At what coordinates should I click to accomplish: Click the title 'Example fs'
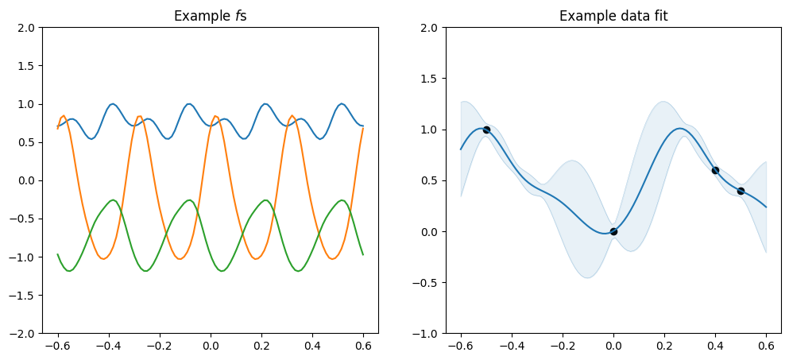210,16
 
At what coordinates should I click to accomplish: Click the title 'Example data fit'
613,16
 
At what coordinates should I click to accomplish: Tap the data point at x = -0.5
486,130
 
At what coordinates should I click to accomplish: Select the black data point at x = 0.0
613,231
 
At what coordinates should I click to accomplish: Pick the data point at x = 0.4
715,170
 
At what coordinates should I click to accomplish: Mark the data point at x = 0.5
741,191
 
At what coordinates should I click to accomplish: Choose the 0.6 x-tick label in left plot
363,347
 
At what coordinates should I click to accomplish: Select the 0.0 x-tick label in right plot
613,347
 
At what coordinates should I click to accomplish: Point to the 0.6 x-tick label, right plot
766,347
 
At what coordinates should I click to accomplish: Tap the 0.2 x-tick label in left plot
261,347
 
